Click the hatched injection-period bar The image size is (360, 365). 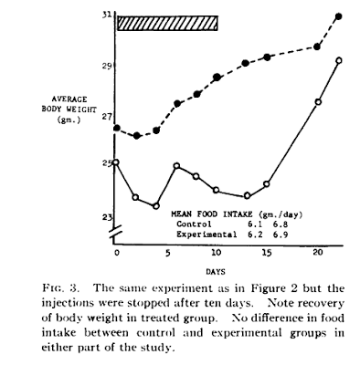(168, 23)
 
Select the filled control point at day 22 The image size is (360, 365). (338, 16)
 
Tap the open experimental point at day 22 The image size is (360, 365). (338, 60)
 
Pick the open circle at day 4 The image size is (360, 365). (156, 206)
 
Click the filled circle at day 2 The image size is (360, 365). (137, 136)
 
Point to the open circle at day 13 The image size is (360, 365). (247, 195)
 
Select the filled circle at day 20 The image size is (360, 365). (317, 47)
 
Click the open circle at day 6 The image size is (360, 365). (176, 166)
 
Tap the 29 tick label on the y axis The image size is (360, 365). (107, 66)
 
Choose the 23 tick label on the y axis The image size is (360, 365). (107, 217)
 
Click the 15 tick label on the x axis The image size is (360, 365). (266, 253)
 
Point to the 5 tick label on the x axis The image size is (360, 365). (167, 253)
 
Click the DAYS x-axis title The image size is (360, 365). (216, 272)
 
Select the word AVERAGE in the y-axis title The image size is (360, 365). (69, 99)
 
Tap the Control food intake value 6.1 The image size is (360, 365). (255, 224)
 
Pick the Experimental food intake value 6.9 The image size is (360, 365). (281, 235)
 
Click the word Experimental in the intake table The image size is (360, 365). (206, 235)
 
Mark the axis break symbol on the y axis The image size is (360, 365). (115, 232)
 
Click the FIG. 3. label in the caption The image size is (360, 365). (61, 287)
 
